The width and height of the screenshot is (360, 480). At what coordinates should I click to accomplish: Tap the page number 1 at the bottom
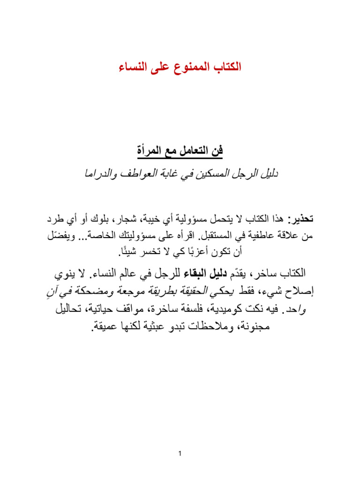click(x=180, y=454)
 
